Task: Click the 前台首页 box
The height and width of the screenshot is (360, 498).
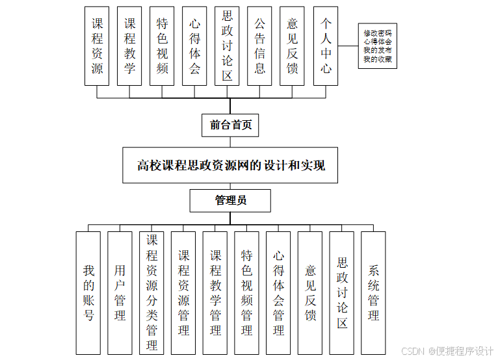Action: (x=230, y=125)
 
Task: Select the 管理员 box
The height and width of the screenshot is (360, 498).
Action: (x=230, y=200)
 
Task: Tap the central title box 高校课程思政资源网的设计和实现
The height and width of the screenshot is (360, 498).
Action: (x=231, y=165)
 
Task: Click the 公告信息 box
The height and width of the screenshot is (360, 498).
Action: (x=260, y=45)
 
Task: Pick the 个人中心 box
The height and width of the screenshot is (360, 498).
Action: (x=326, y=45)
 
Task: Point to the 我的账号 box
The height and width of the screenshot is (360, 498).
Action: (x=88, y=292)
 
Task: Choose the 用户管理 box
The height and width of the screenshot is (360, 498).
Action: (x=120, y=292)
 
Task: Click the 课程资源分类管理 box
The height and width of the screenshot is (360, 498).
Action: (x=151, y=292)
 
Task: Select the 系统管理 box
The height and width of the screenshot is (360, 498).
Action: (x=373, y=292)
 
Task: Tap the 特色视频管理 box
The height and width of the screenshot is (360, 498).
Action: (x=246, y=292)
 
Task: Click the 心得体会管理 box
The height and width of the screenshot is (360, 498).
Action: (x=278, y=292)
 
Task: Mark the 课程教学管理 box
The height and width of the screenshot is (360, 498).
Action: (x=215, y=292)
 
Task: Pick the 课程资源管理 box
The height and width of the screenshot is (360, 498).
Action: (x=183, y=292)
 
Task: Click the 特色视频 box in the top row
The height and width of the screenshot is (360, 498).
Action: (x=162, y=45)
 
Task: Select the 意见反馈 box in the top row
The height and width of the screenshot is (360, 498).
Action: (x=293, y=45)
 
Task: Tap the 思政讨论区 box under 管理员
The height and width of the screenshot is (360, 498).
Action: (x=342, y=292)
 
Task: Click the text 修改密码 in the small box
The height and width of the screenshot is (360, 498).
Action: (x=378, y=33)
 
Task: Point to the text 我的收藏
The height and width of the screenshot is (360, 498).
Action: (x=378, y=59)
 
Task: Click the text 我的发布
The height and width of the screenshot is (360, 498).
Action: (x=378, y=51)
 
